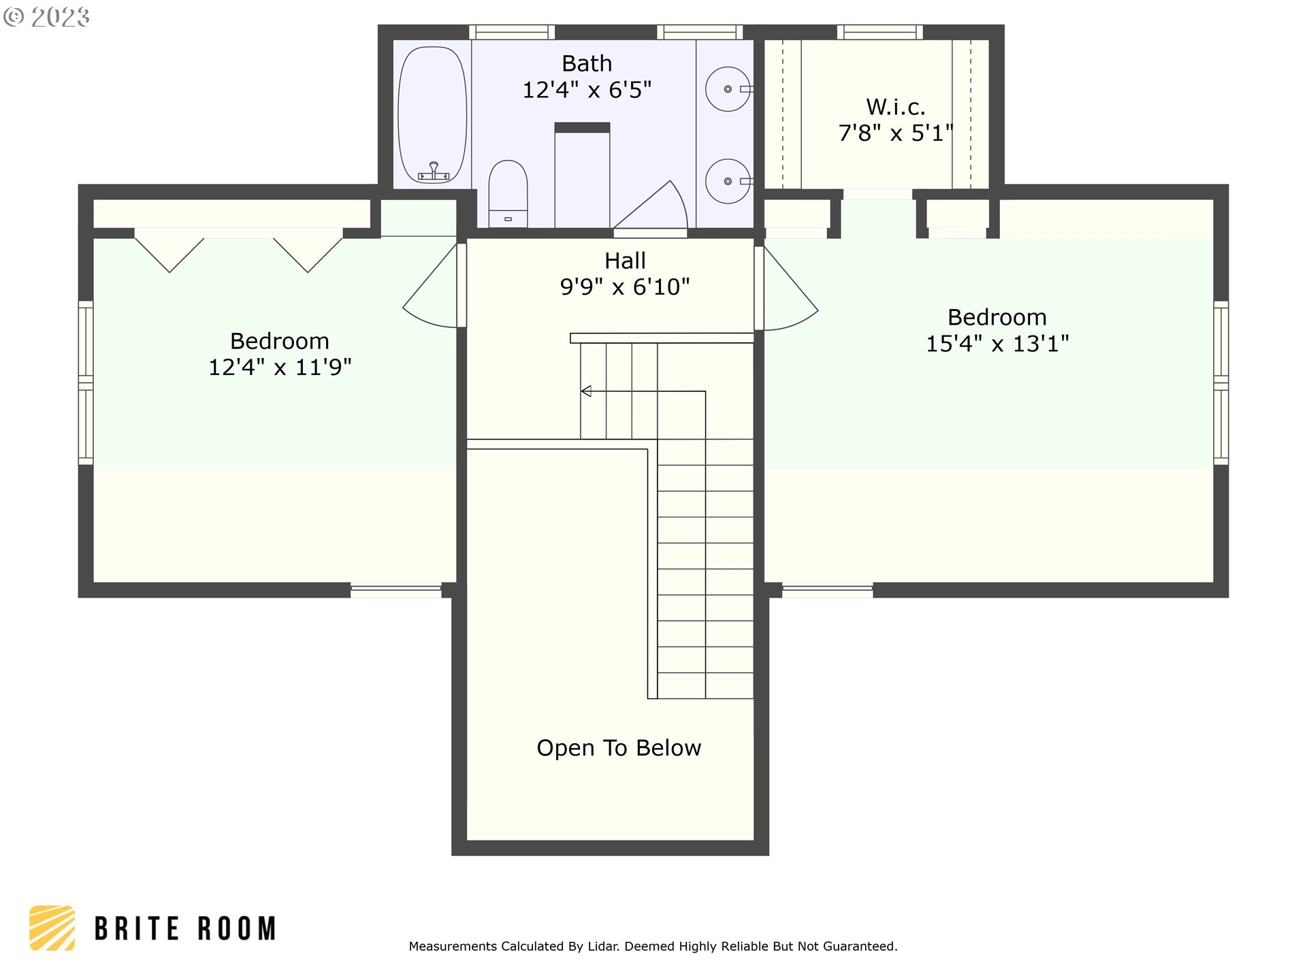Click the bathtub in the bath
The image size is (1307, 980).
[x=432, y=116]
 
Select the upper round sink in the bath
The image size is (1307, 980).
[x=727, y=89]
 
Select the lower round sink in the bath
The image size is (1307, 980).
[x=727, y=182]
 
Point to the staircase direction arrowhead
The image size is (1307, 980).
[x=586, y=391]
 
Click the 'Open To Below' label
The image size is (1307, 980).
[x=618, y=748]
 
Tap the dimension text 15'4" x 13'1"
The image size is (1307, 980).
[x=997, y=344]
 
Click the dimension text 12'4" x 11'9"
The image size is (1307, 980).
[x=280, y=367]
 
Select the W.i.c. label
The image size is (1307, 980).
[x=895, y=107]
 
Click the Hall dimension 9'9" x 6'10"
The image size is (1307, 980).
[x=624, y=287]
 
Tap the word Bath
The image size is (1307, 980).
[x=586, y=63]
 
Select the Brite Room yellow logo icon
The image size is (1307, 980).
[x=52, y=928]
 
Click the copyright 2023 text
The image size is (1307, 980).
[x=46, y=16]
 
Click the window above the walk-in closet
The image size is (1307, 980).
[x=880, y=32]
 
